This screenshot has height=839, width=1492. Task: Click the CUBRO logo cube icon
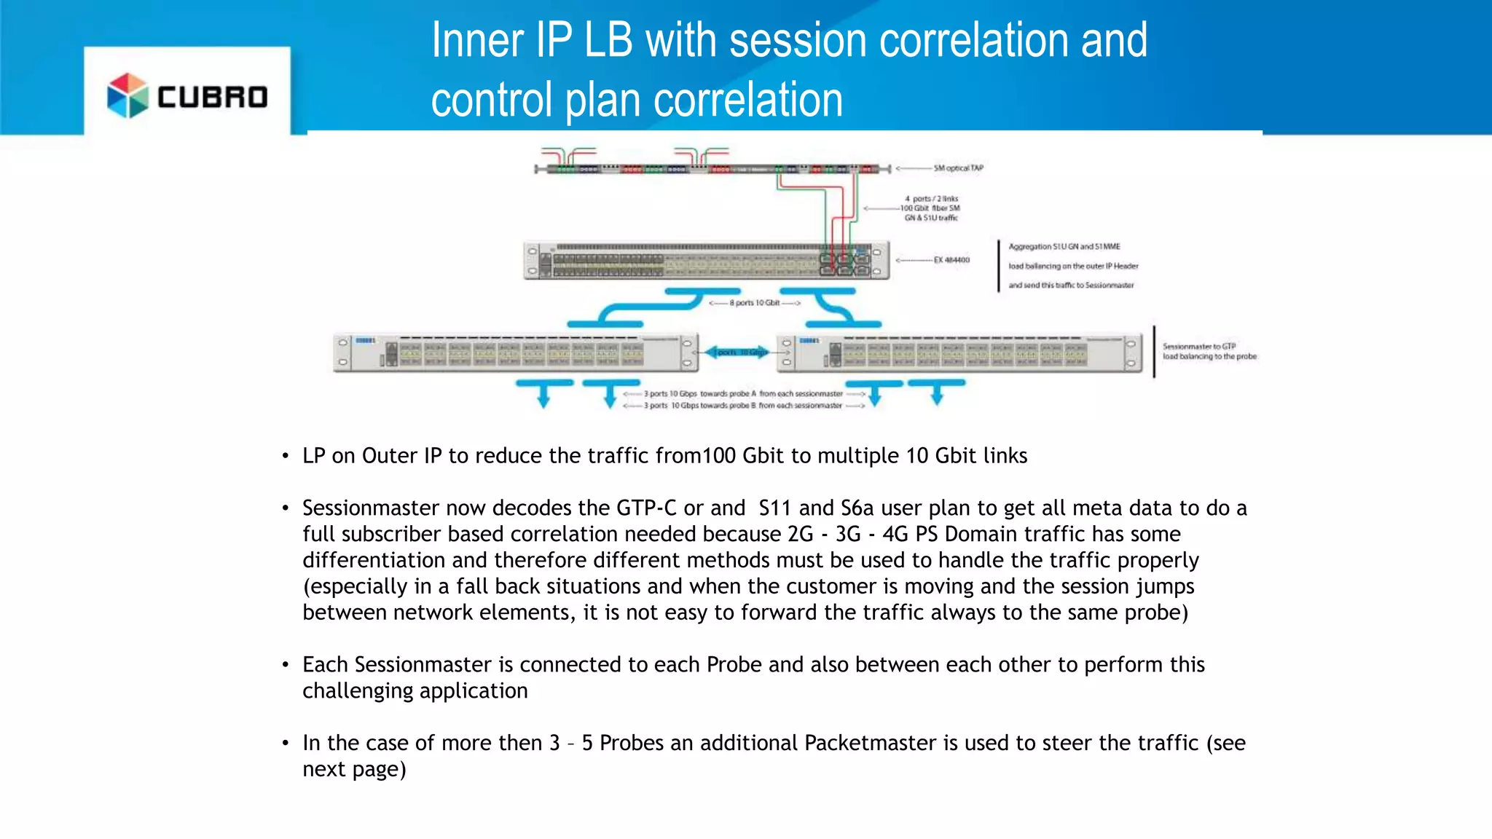tap(127, 95)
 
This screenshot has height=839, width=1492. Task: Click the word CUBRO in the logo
tap(213, 97)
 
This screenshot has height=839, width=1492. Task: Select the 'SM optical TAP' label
tap(958, 168)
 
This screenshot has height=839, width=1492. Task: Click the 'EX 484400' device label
tap(951, 260)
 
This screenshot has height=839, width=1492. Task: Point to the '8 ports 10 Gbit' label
tap(755, 303)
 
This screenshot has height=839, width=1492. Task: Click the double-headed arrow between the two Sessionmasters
tap(737, 352)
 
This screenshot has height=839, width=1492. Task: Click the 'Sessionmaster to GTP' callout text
tap(1199, 347)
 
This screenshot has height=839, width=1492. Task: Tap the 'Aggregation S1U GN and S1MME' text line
tap(1064, 247)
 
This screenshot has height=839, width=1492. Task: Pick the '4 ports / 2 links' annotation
tap(931, 199)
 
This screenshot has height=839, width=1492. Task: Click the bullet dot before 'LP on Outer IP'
tap(286, 457)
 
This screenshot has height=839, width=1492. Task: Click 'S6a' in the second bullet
tap(857, 508)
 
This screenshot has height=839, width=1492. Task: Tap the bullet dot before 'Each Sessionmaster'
tap(286, 666)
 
